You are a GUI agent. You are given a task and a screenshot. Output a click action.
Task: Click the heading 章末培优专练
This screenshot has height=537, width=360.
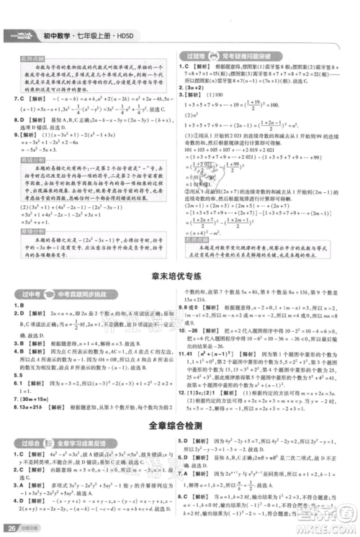click(179, 275)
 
